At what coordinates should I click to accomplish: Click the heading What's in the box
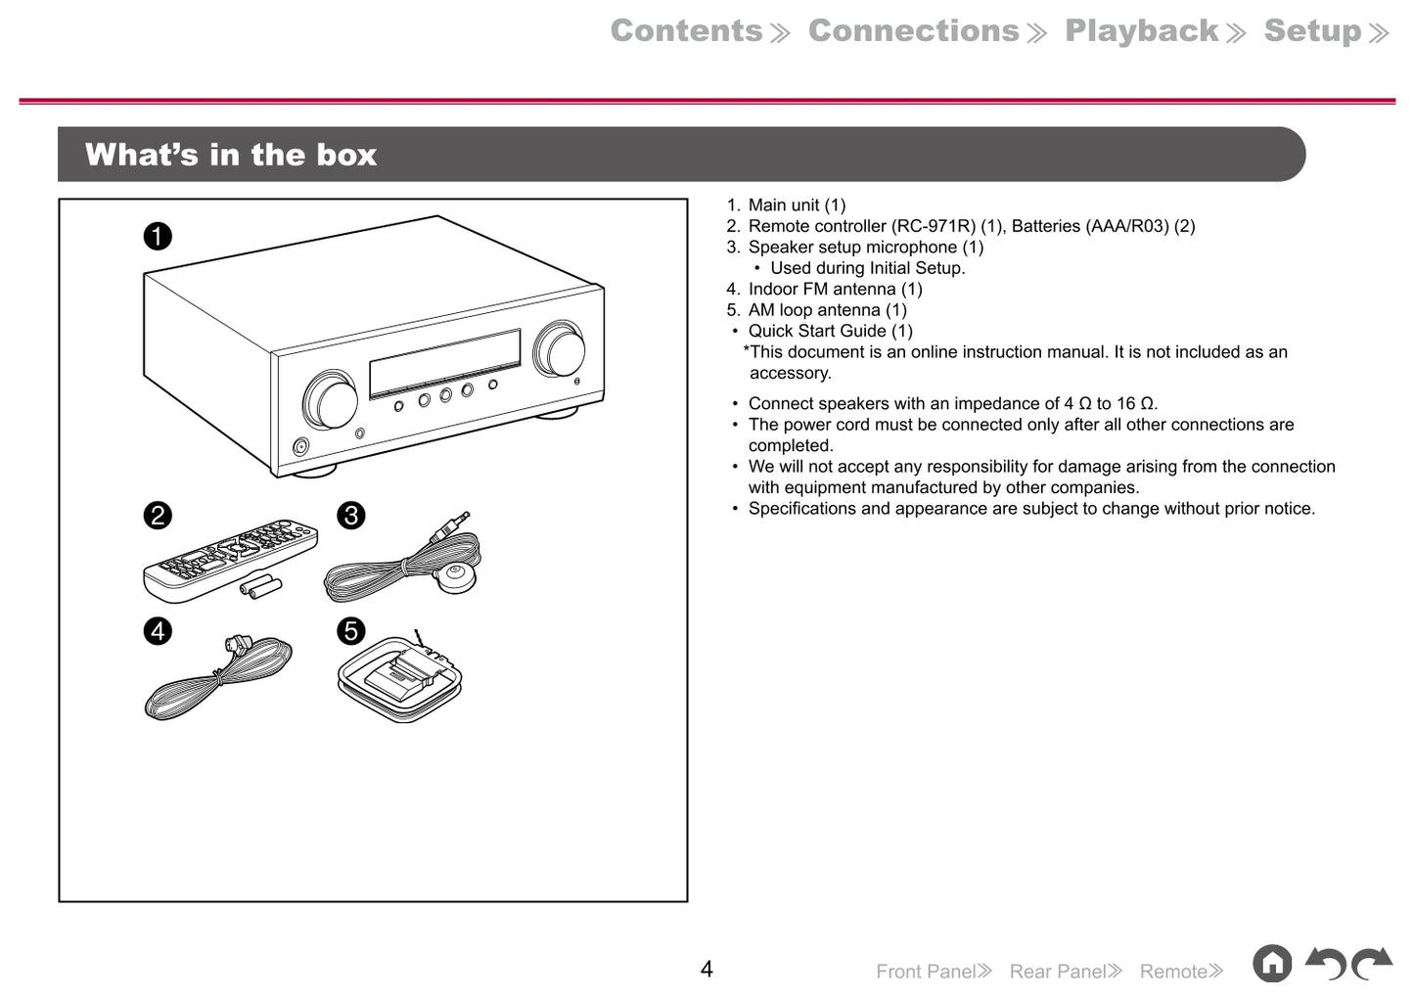point(231,155)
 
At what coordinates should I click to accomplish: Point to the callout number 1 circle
point(158,236)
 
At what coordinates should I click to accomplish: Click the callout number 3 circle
point(351,516)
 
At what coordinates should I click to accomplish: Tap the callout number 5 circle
point(351,631)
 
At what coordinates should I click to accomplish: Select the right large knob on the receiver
point(560,349)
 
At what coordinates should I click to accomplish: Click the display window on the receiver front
point(444,362)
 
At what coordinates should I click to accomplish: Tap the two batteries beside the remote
point(261,587)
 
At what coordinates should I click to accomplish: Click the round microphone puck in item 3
point(456,577)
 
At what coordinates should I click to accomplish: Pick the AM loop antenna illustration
point(399,678)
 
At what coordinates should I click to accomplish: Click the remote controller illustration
point(230,558)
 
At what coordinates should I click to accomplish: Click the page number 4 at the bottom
point(707,969)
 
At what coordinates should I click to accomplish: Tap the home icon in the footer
point(1272,964)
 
